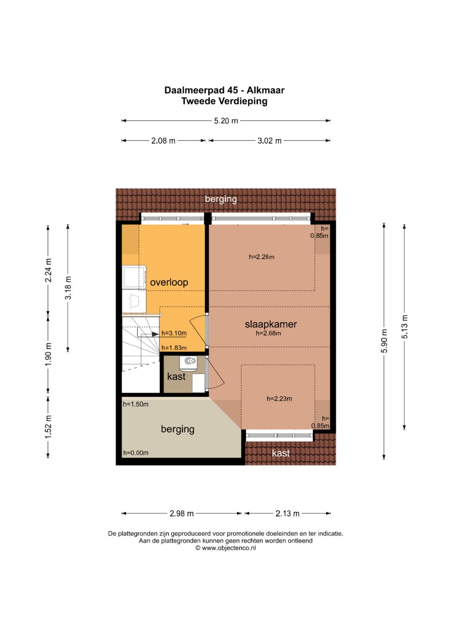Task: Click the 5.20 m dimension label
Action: (x=226, y=121)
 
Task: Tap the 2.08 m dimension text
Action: (x=163, y=141)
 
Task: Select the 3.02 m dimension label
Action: (x=270, y=141)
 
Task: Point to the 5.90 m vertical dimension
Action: (x=384, y=341)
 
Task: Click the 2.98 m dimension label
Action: (x=182, y=513)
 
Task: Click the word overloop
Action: (x=169, y=282)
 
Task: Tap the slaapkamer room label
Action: (x=271, y=324)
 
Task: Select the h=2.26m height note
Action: (x=262, y=257)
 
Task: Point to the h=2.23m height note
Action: (x=280, y=399)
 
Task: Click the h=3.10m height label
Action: (x=174, y=333)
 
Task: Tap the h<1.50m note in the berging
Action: (x=136, y=404)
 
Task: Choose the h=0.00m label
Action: (x=136, y=453)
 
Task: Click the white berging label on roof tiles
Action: (x=221, y=199)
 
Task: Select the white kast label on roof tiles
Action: (x=281, y=453)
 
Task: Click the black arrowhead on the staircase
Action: (x=155, y=334)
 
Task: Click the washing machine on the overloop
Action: (x=134, y=277)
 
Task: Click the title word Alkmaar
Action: (x=266, y=90)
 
